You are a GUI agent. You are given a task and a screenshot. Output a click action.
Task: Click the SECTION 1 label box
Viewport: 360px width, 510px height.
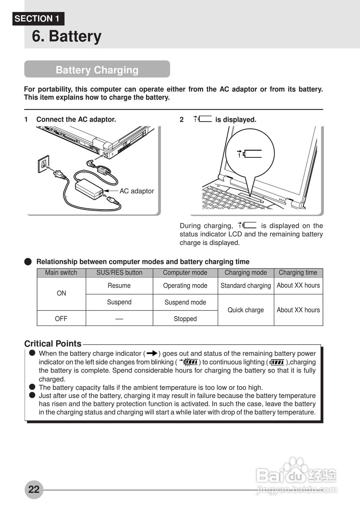click(38, 19)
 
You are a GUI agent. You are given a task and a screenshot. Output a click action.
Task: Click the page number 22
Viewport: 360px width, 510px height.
click(34, 489)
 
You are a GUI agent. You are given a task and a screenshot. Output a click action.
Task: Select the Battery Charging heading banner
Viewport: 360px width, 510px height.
click(97, 70)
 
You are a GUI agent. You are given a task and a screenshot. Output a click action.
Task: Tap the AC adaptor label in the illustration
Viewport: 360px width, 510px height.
click(136, 191)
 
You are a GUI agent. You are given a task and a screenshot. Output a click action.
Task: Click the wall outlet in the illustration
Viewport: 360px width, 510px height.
click(43, 163)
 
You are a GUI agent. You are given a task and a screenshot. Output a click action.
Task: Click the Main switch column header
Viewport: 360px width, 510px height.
click(61, 273)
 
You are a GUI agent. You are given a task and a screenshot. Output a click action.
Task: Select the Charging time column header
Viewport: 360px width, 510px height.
click(298, 273)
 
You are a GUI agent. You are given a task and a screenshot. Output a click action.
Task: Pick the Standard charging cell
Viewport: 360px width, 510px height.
click(246, 286)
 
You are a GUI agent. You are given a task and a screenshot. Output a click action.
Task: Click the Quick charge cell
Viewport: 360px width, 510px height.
click(246, 310)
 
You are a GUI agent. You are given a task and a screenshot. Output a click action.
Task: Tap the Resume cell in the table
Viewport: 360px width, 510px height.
click(119, 286)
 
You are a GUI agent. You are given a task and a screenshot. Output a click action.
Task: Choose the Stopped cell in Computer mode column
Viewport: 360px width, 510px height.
click(185, 319)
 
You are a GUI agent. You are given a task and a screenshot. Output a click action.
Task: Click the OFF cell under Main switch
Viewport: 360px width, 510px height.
click(61, 319)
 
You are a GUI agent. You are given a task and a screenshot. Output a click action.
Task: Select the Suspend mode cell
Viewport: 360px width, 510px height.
click(185, 302)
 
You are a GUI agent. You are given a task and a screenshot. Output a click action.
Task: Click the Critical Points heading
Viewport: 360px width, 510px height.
click(53, 343)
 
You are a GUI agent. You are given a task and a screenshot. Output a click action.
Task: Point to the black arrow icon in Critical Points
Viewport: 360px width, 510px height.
click(152, 353)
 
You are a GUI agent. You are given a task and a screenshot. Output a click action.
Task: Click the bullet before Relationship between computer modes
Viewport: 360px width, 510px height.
click(28, 262)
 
